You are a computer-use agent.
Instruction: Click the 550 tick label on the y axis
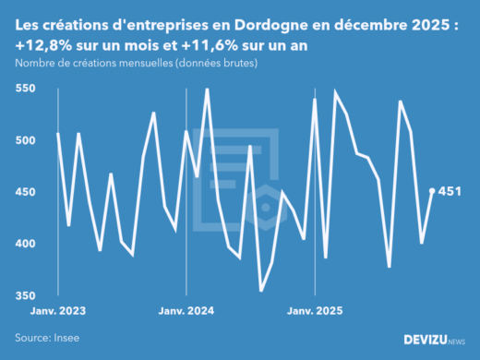coord(26,89)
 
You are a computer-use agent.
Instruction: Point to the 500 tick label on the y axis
coord(26,140)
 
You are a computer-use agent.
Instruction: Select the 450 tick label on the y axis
coord(26,192)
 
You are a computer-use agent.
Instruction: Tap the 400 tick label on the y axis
coord(26,244)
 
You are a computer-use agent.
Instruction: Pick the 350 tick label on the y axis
coord(26,295)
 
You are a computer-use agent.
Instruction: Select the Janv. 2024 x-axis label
coord(186,311)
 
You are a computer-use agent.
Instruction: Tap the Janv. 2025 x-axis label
coord(316,311)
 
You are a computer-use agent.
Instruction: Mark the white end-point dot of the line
coord(433,191)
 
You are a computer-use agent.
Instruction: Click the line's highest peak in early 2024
coord(207,90)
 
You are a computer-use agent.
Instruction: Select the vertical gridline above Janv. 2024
coord(186,185)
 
